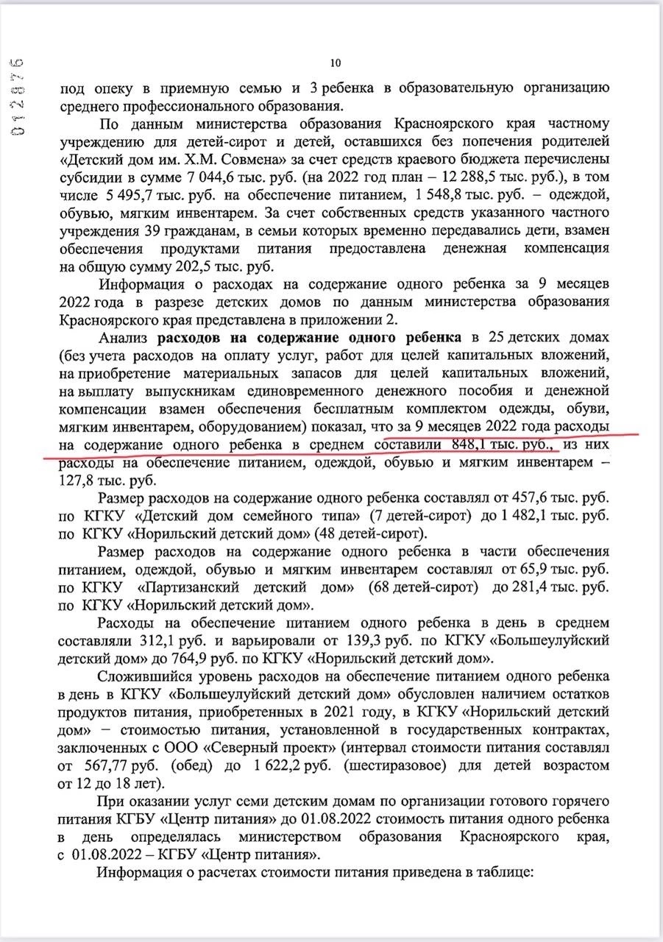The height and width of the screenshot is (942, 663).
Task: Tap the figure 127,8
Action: pos(77,481)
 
